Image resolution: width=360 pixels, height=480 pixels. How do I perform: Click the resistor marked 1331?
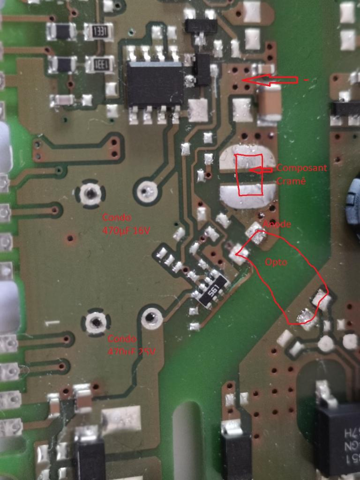click(99, 32)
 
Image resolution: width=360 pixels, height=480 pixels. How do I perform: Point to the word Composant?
click(302, 168)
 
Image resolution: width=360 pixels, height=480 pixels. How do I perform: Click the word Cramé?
click(291, 181)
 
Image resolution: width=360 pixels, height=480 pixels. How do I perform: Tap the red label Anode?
click(277, 225)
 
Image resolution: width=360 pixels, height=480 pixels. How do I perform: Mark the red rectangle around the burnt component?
click(249, 174)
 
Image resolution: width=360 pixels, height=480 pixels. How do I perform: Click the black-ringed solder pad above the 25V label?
click(96, 322)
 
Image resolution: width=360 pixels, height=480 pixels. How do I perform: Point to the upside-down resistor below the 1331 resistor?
click(98, 64)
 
